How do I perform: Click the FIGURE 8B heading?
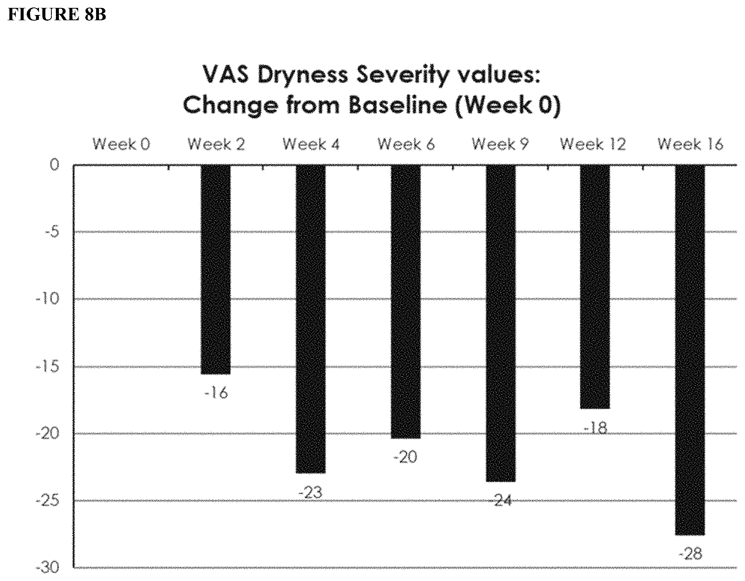point(57,15)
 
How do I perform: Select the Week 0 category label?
point(121,144)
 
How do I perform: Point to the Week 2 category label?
point(216,144)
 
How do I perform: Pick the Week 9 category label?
point(501,144)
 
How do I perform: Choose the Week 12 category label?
point(593,144)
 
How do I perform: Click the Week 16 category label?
point(690,144)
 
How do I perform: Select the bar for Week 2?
point(216,270)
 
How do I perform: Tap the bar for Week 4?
point(311,319)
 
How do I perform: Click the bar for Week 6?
point(406,302)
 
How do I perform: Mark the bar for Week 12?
point(595,287)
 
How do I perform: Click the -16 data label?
point(216,393)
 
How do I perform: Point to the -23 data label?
point(310,492)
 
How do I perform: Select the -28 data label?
point(690,554)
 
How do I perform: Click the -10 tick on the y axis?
point(48,299)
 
